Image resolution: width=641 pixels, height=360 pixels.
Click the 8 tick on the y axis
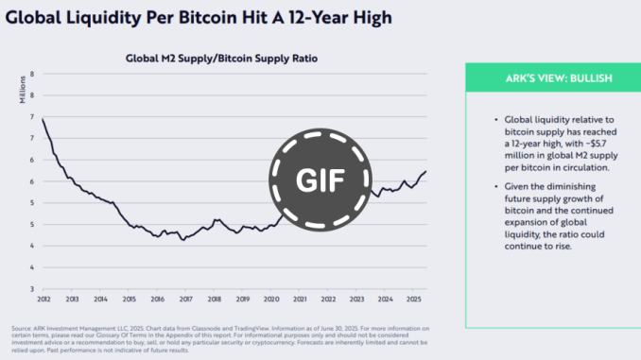32,74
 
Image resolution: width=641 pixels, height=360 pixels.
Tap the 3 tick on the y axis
32,289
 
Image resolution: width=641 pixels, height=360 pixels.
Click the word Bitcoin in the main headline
217,18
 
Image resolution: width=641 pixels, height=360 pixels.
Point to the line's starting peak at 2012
43,118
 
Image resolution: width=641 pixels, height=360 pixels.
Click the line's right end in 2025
425,171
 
